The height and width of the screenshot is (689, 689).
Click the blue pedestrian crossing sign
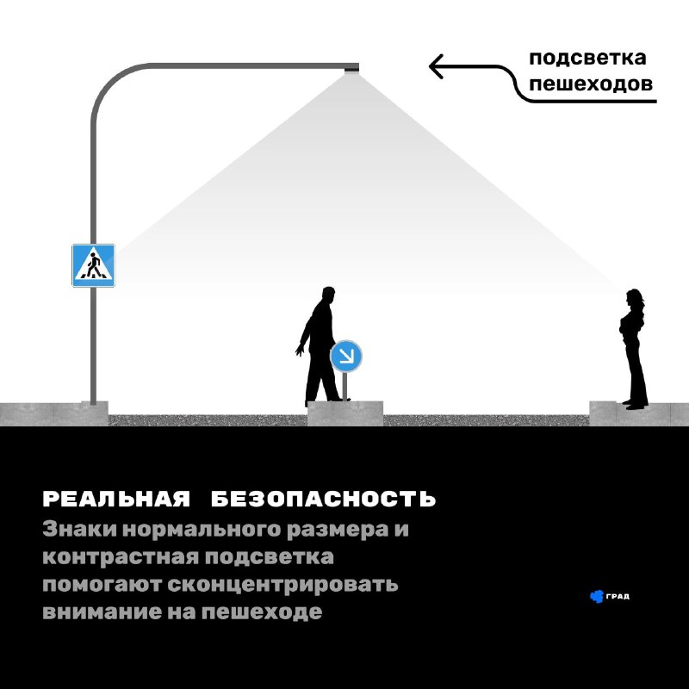[x=93, y=265]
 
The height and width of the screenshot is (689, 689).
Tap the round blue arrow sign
[x=346, y=356]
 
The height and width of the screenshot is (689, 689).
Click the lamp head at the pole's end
[x=351, y=68]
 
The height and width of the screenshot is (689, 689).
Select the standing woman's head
[x=634, y=297]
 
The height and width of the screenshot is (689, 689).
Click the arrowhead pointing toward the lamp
[x=436, y=66]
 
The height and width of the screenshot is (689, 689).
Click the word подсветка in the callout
[x=587, y=58]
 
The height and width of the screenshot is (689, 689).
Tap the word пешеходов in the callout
[x=591, y=84]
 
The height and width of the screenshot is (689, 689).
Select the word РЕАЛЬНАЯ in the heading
[x=116, y=499]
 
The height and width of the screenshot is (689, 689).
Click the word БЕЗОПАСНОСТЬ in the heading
[x=324, y=499]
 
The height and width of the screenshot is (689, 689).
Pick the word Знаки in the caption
[x=79, y=529]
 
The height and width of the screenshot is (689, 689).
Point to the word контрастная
[x=121, y=557]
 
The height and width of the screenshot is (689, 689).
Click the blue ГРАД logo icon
[x=596, y=596]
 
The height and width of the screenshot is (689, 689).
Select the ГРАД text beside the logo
[x=618, y=596]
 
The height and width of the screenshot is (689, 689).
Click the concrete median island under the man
[x=345, y=413]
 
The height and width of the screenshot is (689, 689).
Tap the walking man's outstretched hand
[x=300, y=351]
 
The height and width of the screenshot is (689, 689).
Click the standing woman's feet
[x=635, y=405]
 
